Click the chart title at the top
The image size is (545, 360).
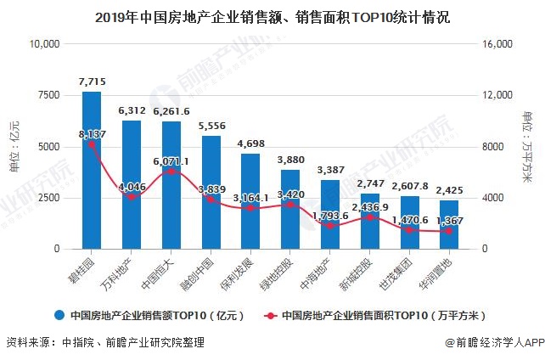point(272,16)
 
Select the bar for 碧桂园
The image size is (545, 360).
point(92,170)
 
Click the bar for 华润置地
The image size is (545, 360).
point(450,224)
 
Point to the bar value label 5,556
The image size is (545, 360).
point(211,125)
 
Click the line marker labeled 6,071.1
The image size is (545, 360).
point(171,172)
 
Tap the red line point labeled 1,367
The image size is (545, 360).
point(450,231)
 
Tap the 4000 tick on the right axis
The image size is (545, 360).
point(493,198)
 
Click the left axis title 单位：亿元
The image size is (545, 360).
point(14,146)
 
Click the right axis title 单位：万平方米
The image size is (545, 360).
point(528,146)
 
